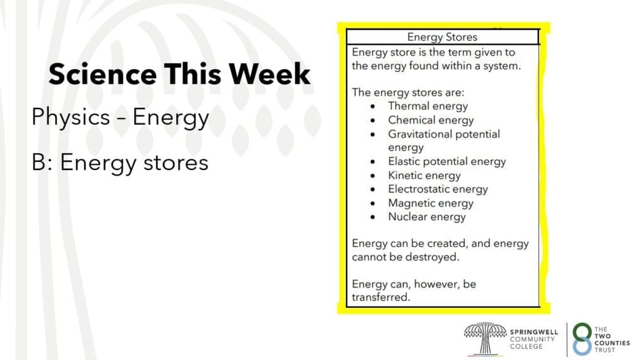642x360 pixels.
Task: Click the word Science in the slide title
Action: tap(102, 74)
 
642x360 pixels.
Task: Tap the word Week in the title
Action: tap(269, 74)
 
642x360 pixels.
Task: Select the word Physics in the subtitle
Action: tap(71, 118)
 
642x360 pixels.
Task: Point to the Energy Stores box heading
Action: tap(442, 37)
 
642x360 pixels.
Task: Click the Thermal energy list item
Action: tap(428, 107)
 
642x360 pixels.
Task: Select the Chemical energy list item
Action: tap(431, 120)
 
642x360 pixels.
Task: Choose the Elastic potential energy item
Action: tap(447, 162)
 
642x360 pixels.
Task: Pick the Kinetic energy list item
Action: tap(424, 176)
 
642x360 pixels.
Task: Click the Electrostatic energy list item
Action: tap(438, 189)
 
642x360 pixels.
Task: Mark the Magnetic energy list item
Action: tap(431, 203)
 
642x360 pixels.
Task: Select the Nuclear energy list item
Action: tap(427, 216)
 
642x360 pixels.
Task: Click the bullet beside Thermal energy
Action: tap(372, 107)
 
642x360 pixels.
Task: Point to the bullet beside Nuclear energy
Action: tap(372, 217)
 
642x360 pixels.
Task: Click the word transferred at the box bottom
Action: tap(381, 297)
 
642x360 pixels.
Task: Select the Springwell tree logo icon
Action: tap(485, 338)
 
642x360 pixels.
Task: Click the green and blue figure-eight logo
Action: tap(582, 339)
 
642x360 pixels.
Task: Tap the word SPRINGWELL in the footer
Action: tap(534, 332)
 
